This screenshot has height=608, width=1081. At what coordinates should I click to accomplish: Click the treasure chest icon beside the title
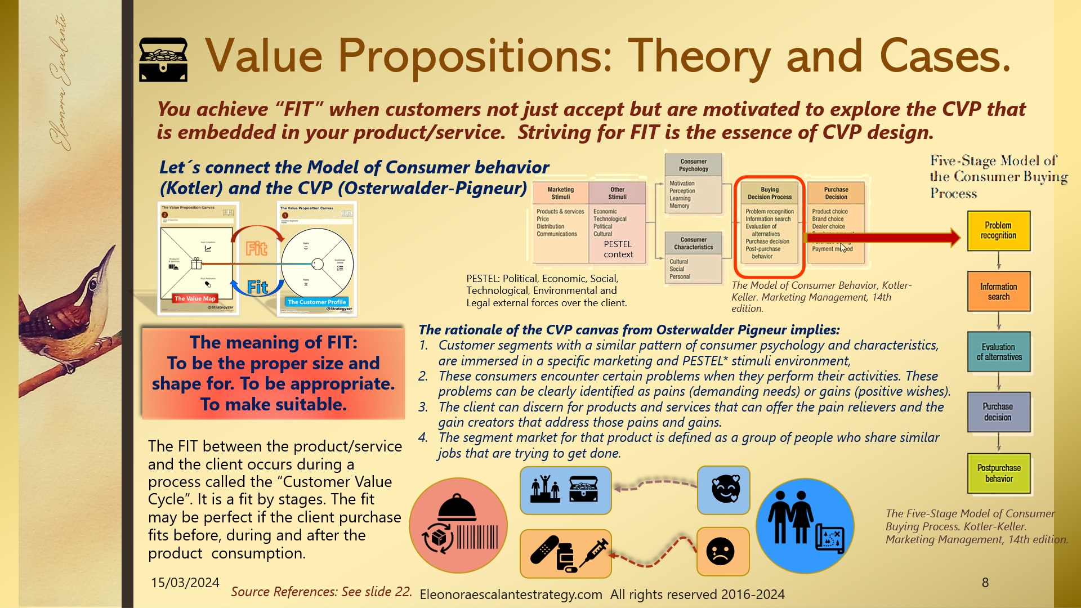163,59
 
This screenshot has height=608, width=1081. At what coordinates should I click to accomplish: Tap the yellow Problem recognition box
998,231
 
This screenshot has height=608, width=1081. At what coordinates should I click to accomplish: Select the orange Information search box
998,292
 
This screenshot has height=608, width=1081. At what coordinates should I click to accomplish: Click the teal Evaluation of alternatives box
999,352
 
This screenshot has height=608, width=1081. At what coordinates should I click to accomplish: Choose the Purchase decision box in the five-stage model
998,412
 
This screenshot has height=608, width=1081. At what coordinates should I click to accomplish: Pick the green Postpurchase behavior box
999,473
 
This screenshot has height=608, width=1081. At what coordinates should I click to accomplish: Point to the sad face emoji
720,552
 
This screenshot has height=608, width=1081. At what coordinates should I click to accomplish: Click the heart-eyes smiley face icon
725,489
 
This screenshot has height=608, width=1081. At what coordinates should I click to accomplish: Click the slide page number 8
985,583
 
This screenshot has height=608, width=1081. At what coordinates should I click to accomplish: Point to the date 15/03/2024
185,583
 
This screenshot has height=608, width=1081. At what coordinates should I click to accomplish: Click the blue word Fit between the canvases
258,287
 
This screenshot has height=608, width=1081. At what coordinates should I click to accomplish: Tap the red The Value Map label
195,298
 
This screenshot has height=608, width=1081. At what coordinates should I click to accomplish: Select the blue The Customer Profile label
316,302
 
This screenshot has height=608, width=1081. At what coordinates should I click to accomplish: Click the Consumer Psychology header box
693,165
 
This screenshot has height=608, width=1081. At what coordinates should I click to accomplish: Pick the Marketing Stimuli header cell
560,193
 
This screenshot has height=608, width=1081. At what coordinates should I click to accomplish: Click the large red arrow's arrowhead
955,238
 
